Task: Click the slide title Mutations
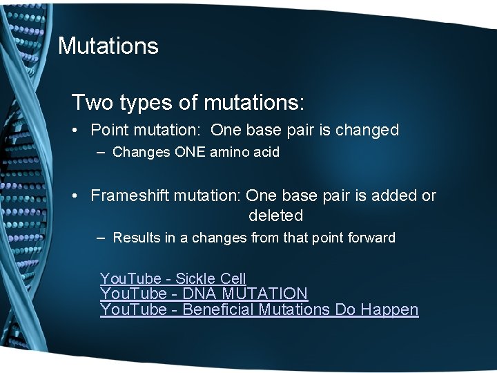pos(108,46)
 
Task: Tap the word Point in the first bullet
pos(110,130)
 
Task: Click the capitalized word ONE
pos(185,152)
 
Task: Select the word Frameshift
pos(130,195)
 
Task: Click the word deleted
pos(275,216)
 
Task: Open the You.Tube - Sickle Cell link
pos(173,279)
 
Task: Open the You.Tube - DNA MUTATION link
pos(204,294)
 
